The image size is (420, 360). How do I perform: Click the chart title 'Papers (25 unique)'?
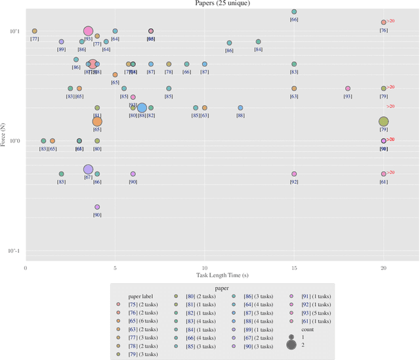click(x=221, y=3)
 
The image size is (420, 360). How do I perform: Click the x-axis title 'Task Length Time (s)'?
click(x=222, y=273)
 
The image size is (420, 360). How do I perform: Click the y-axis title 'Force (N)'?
click(x=5, y=141)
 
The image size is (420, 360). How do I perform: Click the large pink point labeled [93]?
click(x=88, y=31)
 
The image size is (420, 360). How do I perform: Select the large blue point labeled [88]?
click(x=142, y=108)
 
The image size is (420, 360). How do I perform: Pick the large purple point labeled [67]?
click(x=88, y=169)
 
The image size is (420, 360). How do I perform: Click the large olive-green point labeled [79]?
click(x=383, y=122)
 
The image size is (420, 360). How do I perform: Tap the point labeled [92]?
click(x=294, y=174)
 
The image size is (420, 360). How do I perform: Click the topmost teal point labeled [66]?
click(x=294, y=12)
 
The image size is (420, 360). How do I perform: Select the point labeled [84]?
click(x=258, y=41)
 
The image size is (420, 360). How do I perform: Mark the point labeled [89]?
click(x=61, y=41)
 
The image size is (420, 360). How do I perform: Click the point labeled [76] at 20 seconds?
click(x=383, y=22)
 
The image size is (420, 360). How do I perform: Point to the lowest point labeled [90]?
click(x=97, y=207)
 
